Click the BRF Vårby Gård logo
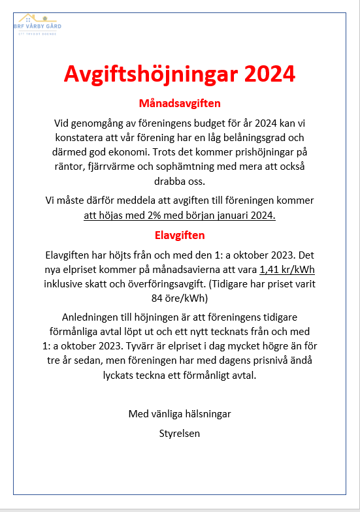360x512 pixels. coord(38,24)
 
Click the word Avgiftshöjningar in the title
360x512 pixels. coord(150,73)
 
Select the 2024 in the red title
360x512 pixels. coord(269,73)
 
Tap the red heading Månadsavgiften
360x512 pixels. coord(180,103)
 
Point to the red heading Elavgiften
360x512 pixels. coord(180,234)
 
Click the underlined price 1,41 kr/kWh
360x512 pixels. coord(287,270)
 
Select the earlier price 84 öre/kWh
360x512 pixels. coord(180,298)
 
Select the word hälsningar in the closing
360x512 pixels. coord(203,414)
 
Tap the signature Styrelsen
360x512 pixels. coord(180,433)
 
